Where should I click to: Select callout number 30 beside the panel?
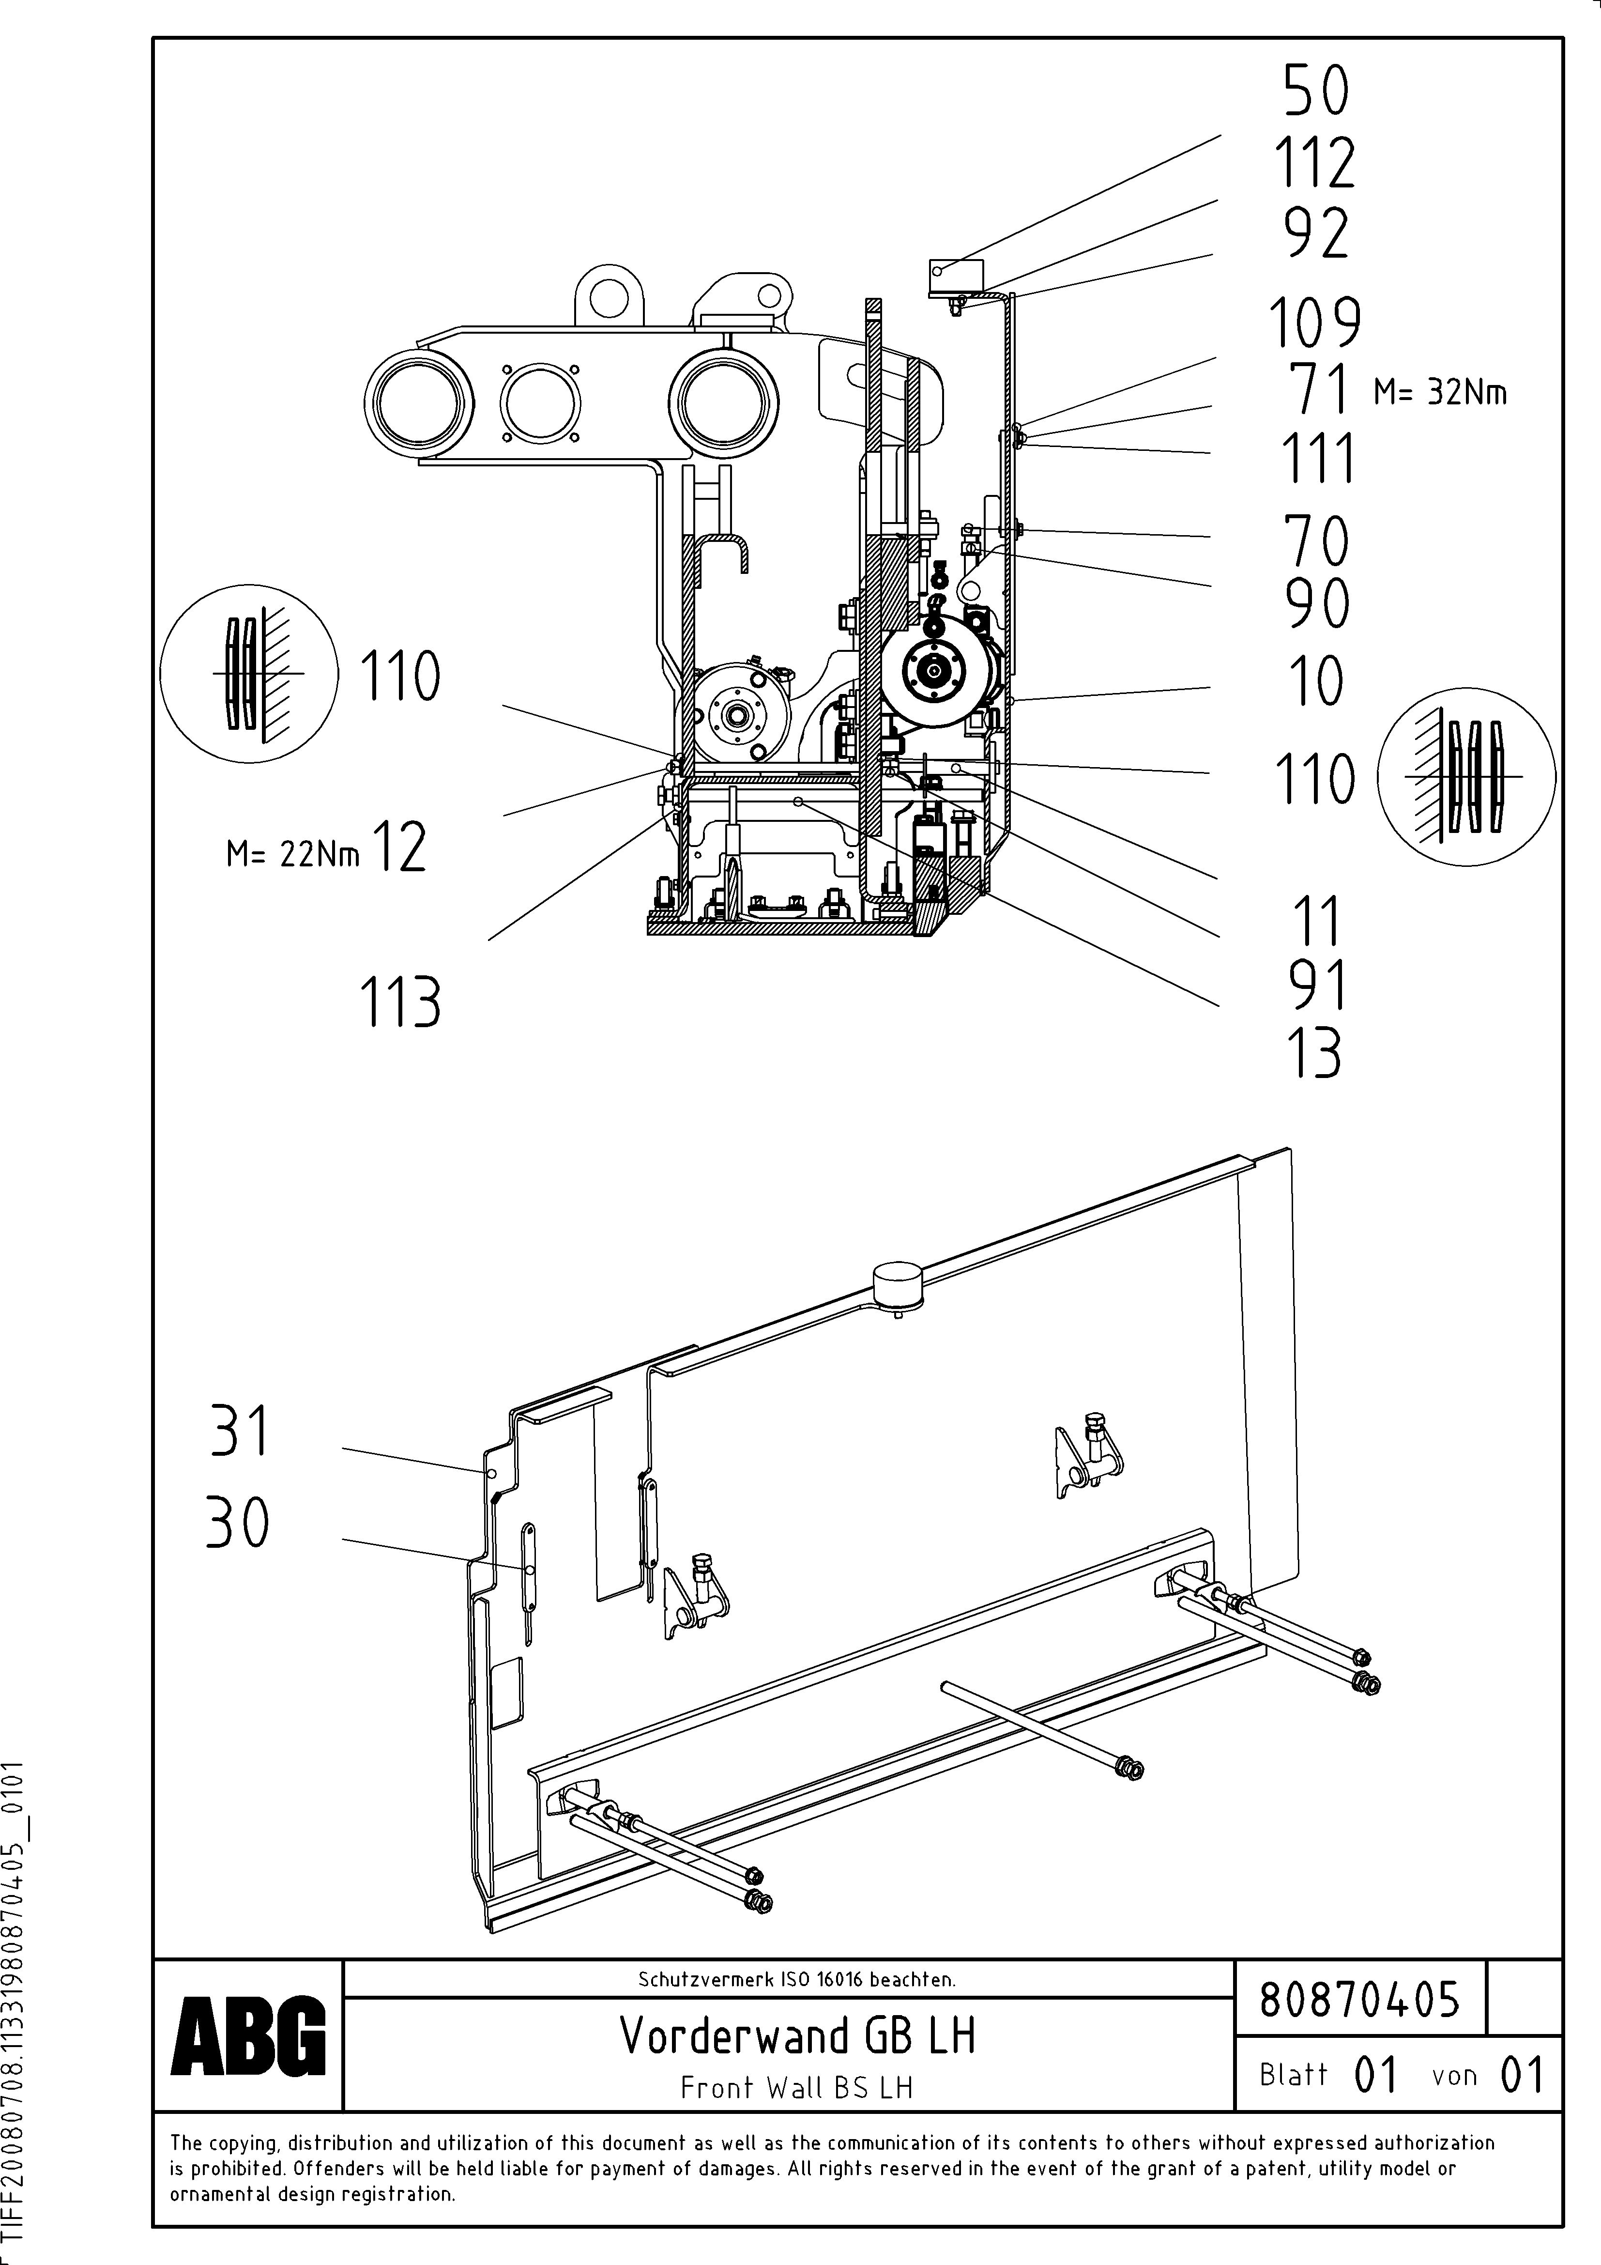pyautogui.click(x=237, y=1522)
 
